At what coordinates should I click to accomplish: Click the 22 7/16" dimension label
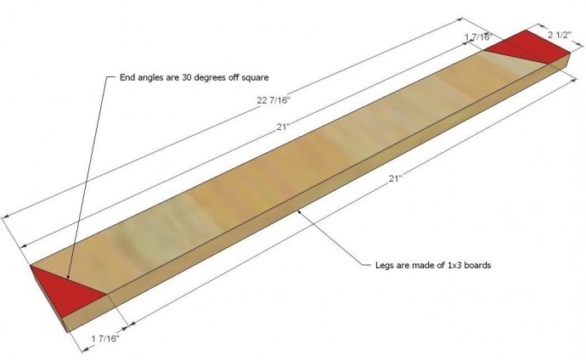coord(273,100)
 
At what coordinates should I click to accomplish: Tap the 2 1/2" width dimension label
coord(560,35)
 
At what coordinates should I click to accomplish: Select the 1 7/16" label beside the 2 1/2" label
coord(478,37)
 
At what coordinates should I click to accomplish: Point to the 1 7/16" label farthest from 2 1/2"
coord(105,339)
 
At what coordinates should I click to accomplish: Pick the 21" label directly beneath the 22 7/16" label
coord(284,127)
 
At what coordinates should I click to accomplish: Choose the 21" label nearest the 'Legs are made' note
coord(395,178)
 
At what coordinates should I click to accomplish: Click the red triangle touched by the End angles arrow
coord(66,293)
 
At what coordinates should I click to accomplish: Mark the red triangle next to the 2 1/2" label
coord(527,47)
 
